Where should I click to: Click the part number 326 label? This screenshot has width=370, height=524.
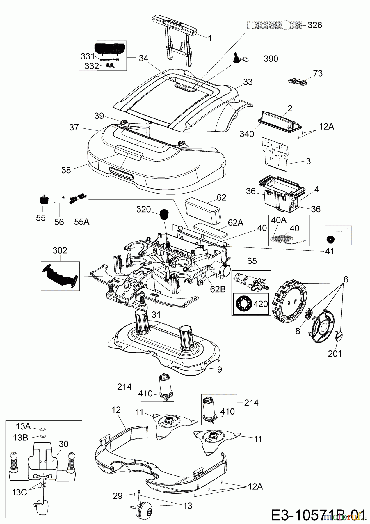[x=315, y=25]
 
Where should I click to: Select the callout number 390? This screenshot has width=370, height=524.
[x=271, y=59]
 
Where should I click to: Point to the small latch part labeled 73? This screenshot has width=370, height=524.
[x=298, y=82]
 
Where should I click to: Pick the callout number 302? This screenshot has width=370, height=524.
[x=60, y=250]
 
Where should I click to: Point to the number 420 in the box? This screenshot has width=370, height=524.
[x=260, y=304]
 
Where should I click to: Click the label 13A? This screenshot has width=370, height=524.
[x=23, y=427]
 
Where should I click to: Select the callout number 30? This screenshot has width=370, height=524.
[x=63, y=444]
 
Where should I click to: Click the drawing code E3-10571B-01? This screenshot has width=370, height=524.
[x=318, y=515]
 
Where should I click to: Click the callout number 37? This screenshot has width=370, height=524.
[x=74, y=127]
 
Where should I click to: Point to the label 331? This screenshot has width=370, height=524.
[x=88, y=56]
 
